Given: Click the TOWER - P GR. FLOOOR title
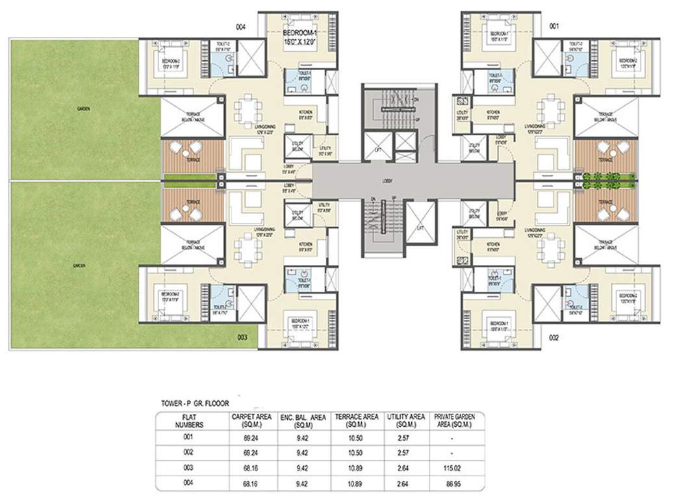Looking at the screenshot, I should click(x=196, y=403).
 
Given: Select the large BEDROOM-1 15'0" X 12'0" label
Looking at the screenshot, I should click(x=299, y=37).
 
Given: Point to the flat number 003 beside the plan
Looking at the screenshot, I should click(x=242, y=337).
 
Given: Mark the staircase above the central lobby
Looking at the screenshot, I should click(x=389, y=110).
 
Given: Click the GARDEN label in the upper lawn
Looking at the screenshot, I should click(x=83, y=109).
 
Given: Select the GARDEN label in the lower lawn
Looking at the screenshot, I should click(x=83, y=264).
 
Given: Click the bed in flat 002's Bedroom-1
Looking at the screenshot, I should click(x=500, y=323).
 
